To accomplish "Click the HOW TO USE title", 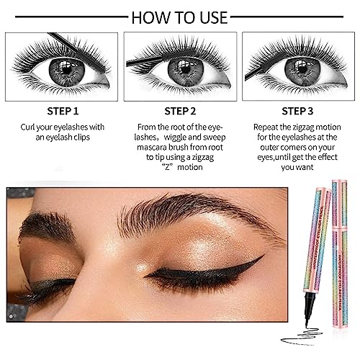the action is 179,17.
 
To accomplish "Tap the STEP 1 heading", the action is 63,112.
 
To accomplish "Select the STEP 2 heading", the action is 180,112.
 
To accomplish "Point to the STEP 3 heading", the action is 297,112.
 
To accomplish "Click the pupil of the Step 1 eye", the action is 67,70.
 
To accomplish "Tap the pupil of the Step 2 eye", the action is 185,70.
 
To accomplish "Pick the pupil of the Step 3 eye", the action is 303,70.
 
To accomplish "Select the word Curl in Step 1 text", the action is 27,127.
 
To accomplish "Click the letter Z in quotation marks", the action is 167,167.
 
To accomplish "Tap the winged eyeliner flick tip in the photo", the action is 264,255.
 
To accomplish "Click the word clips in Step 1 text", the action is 81,138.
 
